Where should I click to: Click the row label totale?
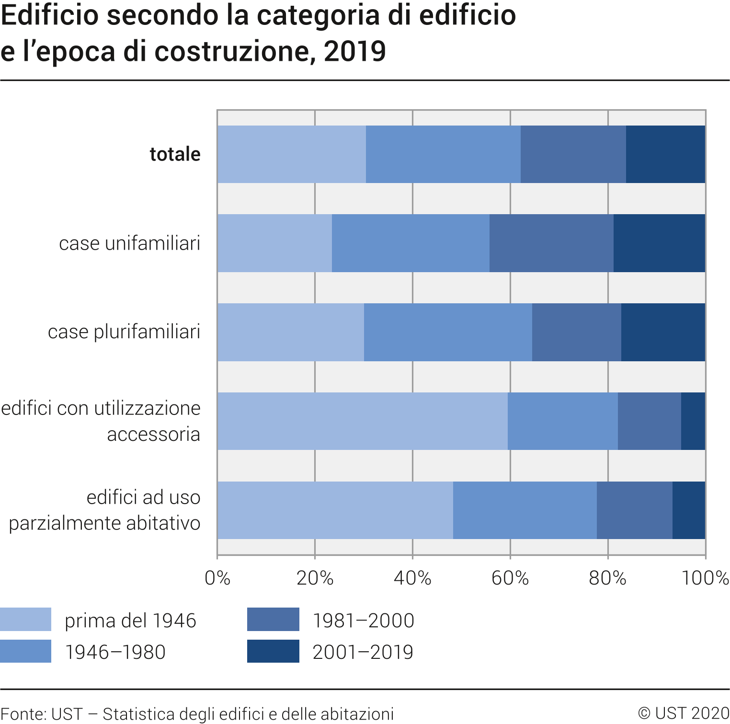point(175,154)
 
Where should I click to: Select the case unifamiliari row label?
point(129,243)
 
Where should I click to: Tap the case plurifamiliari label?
point(124,332)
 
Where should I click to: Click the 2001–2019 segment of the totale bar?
point(665,154)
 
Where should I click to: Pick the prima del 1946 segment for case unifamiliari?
point(274,243)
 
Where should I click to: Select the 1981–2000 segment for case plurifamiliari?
point(576,332)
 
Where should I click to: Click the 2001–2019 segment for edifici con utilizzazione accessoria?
point(693,421)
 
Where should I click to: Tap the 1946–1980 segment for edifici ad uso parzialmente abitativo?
point(525,510)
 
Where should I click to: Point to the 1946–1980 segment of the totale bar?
point(443,154)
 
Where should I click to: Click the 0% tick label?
point(217,578)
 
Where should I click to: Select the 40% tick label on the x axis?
point(412,578)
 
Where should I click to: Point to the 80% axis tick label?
point(607,578)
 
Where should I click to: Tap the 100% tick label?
point(705,578)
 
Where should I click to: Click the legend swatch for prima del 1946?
point(25,620)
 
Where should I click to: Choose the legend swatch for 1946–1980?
point(25,651)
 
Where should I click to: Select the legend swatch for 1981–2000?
point(273,620)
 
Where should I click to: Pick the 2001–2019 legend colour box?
point(273,651)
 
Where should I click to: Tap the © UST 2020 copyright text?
point(684,713)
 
